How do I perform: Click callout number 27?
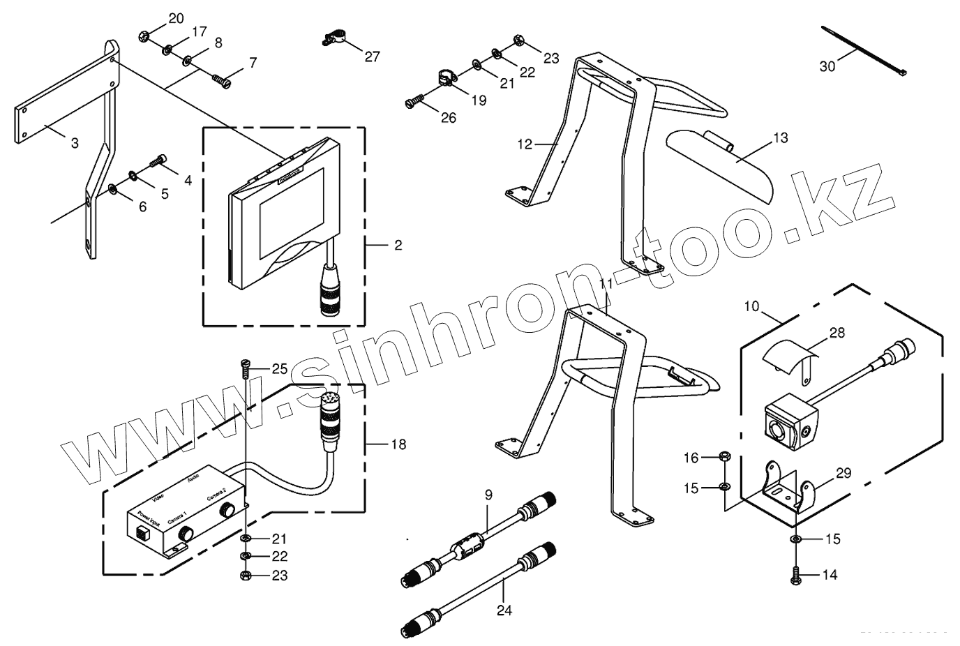373,57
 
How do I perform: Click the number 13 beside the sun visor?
780,138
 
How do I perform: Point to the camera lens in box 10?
776,429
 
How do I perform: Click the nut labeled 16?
724,458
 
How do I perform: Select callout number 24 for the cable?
504,610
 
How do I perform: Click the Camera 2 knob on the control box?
227,510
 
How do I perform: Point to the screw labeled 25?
245,366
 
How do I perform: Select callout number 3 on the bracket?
74,143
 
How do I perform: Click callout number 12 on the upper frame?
525,144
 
